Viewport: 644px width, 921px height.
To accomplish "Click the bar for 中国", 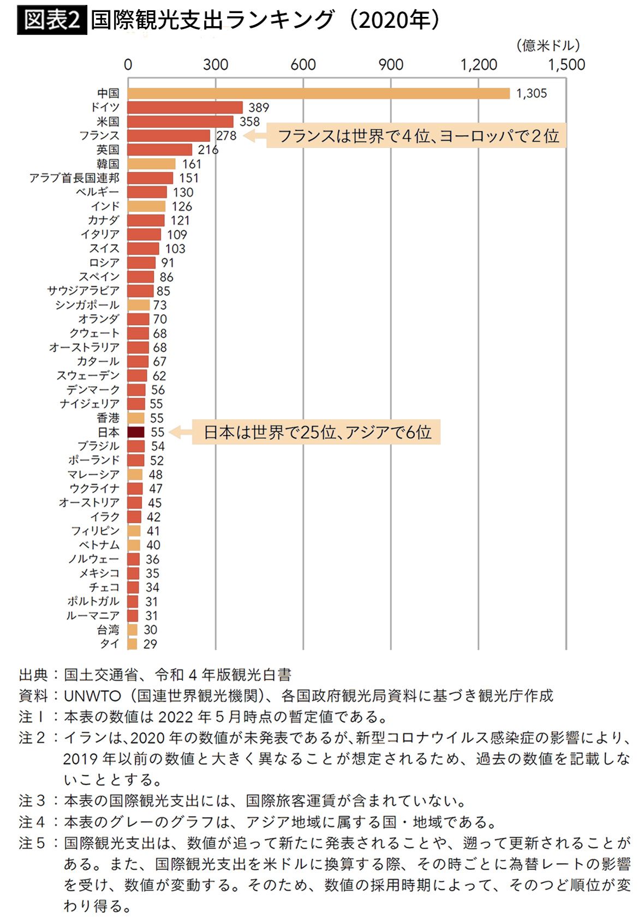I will pyautogui.click(x=318, y=93).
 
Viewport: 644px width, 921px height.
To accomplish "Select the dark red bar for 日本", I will pyautogui.click(x=136, y=432).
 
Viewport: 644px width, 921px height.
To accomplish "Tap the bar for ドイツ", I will pyautogui.click(x=185, y=107).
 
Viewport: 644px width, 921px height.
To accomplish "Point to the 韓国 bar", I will pyautogui.click(x=151, y=164).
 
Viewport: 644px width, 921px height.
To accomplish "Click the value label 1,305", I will pyautogui.click(x=531, y=93).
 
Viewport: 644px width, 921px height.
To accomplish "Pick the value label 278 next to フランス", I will pyautogui.click(x=226, y=135).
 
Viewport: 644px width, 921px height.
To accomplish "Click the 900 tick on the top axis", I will pyautogui.click(x=391, y=65).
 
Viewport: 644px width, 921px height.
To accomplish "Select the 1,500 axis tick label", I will pyautogui.click(x=566, y=65).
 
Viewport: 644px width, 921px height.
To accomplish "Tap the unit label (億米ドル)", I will pyautogui.click(x=547, y=46).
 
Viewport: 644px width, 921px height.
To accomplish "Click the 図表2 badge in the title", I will pyautogui.click(x=52, y=20).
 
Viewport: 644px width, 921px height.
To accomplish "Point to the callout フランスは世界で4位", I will pyautogui.click(x=417, y=135).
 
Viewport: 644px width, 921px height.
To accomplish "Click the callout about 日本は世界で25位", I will pyautogui.click(x=317, y=432).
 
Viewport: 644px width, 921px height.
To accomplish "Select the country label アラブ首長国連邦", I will pyautogui.click(x=74, y=178).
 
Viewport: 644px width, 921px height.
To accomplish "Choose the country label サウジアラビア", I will pyautogui.click(x=83, y=291).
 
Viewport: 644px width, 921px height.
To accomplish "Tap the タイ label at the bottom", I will pyautogui.click(x=109, y=644).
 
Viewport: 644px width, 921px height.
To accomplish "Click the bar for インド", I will pyautogui.click(x=146, y=206).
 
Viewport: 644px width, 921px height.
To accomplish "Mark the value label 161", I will pyautogui.click(x=192, y=164).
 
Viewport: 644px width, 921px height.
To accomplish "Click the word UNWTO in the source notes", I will pyautogui.click(x=92, y=696).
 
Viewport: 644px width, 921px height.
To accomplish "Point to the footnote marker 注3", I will pyautogui.click(x=32, y=800).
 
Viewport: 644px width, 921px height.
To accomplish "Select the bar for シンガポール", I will pyautogui.click(x=139, y=305).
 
